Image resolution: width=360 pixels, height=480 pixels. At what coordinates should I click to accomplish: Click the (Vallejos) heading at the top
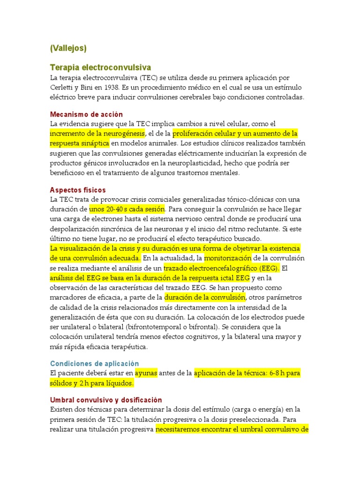[x=68, y=48]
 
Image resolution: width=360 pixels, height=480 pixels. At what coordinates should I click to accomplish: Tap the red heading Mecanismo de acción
[x=86, y=114]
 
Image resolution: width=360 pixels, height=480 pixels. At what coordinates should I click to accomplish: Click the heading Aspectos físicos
[x=78, y=190]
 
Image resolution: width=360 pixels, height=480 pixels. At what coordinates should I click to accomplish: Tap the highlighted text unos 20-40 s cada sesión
[x=127, y=209]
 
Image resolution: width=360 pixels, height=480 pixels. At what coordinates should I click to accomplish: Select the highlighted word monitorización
[x=228, y=258]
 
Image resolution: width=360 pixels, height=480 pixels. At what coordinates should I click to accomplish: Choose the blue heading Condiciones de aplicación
[x=94, y=363]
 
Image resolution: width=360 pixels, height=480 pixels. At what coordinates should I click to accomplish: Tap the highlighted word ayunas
[x=146, y=373]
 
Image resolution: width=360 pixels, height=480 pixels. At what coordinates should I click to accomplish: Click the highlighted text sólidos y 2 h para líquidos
[x=92, y=383]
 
